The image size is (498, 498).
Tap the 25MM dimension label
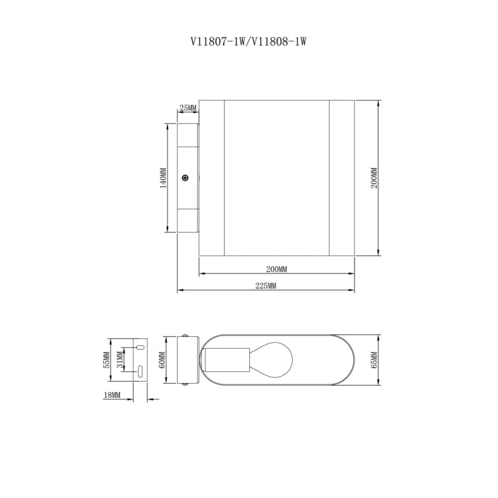[x=188, y=108]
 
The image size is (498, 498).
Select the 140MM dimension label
[x=163, y=178]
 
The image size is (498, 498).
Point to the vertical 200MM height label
[x=374, y=178]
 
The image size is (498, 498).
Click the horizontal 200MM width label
[x=277, y=269]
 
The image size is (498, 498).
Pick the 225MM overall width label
[x=266, y=286]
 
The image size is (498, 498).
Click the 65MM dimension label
[x=374, y=360]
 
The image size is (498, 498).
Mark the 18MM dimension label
[x=112, y=395]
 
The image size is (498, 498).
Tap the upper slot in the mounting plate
[x=140, y=349]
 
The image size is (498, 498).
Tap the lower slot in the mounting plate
[x=140, y=371]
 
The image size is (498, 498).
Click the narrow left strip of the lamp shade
[x=212, y=178]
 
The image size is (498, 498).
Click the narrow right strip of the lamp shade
[x=342, y=178]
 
